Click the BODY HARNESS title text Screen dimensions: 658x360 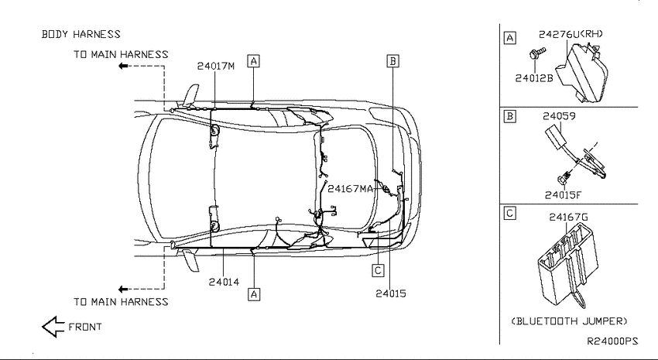click(x=81, y=34)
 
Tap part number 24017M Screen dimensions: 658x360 click(x=216, y=66)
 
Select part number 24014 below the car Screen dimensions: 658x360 click(x=224, y=282)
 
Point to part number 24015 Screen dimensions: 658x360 click(x=391, y=293)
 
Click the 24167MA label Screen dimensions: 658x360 click(x=350, y=189)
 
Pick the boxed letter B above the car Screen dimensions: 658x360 click(x=392, y=61)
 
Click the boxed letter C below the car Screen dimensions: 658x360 click(x=378, y=270)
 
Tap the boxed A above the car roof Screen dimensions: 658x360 click(x=253, y=61)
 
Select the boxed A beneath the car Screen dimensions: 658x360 click(x=254, y=294)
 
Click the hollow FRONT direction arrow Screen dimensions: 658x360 click(x=53, y=327)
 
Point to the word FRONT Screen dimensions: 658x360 click(x=85, y=327)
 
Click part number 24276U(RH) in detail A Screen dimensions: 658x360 click(x=571, y=34)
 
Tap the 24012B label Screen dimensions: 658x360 click(x=534, y=78)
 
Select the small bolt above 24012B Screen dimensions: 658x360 click(x=536, y=53)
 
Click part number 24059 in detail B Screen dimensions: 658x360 click(x=559, y=116)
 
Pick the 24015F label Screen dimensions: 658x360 click(x=564, y=195)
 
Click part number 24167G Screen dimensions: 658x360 click(x=569, y=217)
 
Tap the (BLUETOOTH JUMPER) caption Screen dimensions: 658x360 click(x=569, y=321)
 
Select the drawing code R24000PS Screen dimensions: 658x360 click(x=612, y=341)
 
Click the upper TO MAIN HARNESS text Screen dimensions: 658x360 click(x=121, y=54)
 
